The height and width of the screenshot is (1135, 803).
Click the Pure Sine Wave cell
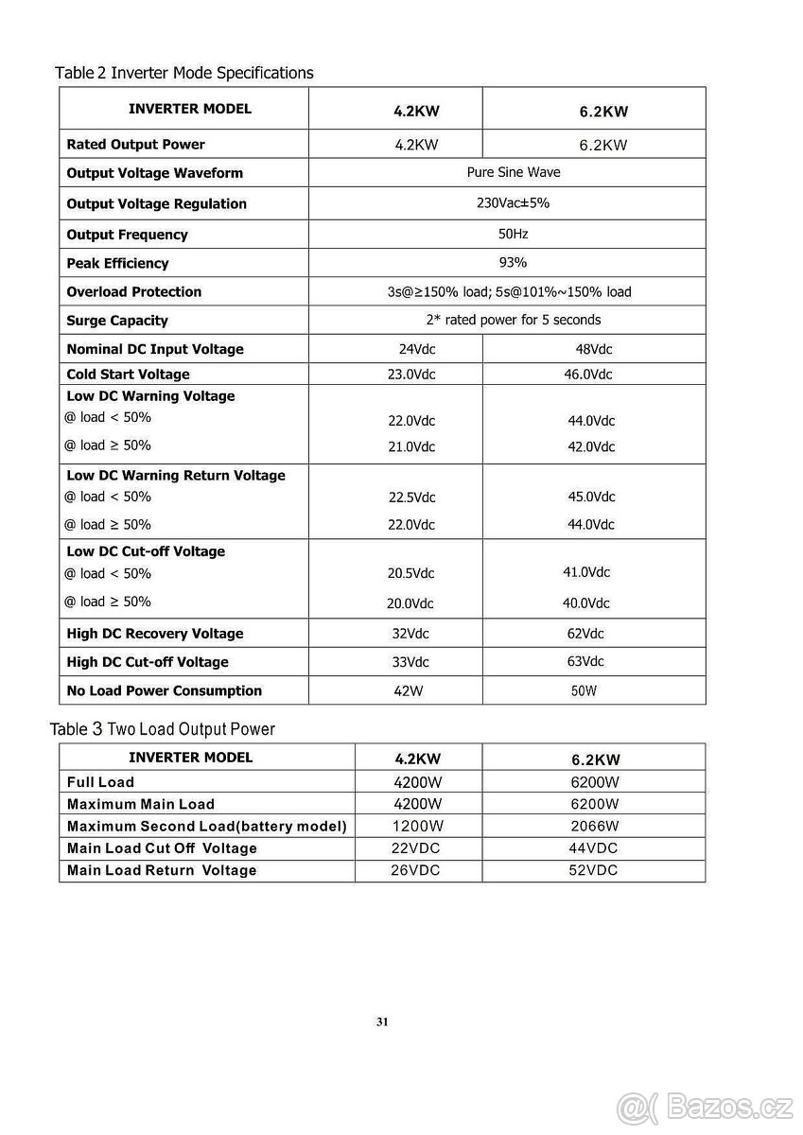514,172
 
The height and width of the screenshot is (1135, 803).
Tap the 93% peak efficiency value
513,262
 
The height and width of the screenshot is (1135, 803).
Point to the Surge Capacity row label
117,321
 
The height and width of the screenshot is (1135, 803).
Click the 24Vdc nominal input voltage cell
417,349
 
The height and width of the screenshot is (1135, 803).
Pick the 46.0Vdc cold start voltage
587,374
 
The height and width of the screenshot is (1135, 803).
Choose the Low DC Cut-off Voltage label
146,551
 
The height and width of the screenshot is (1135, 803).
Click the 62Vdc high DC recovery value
585,633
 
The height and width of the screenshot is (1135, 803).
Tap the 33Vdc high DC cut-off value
410,662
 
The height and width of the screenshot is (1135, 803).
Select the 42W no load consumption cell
409,690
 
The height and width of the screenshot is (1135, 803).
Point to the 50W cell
584,690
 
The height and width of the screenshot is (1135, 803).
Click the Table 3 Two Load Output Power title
163,729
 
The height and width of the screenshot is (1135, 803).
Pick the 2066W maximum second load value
595,826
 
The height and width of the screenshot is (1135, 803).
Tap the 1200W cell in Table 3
417,826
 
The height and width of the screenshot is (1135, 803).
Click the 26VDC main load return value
415,870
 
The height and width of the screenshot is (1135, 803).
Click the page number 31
382,1021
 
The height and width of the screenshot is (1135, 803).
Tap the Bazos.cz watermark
706,1106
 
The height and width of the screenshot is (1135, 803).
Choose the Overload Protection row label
134,291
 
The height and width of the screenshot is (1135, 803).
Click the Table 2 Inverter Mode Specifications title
184,73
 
